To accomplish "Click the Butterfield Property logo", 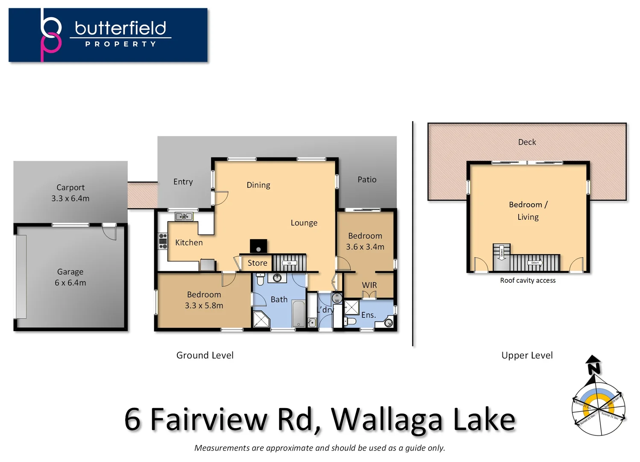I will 108,35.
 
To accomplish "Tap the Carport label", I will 70,187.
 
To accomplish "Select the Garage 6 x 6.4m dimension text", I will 70,283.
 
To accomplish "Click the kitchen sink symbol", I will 184,217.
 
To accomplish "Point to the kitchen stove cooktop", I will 163,241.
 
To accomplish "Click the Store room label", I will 257,263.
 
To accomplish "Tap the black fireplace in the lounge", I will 258,246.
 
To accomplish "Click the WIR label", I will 369,285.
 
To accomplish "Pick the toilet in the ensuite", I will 350,321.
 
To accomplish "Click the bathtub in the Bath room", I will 299,314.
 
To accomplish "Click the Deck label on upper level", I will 527,142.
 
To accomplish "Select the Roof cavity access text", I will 528,281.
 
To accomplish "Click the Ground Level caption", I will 205,355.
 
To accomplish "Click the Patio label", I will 367,180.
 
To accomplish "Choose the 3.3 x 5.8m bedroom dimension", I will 204,305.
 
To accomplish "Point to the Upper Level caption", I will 527,355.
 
